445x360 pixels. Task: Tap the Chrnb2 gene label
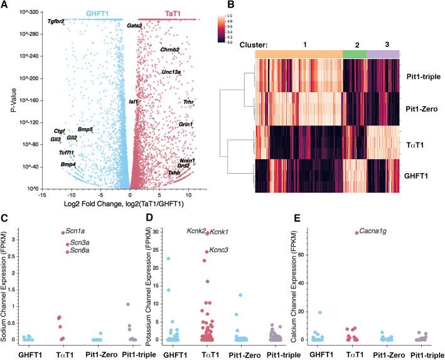coord(170,50)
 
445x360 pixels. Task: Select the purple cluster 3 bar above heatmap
coord(382,55)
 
